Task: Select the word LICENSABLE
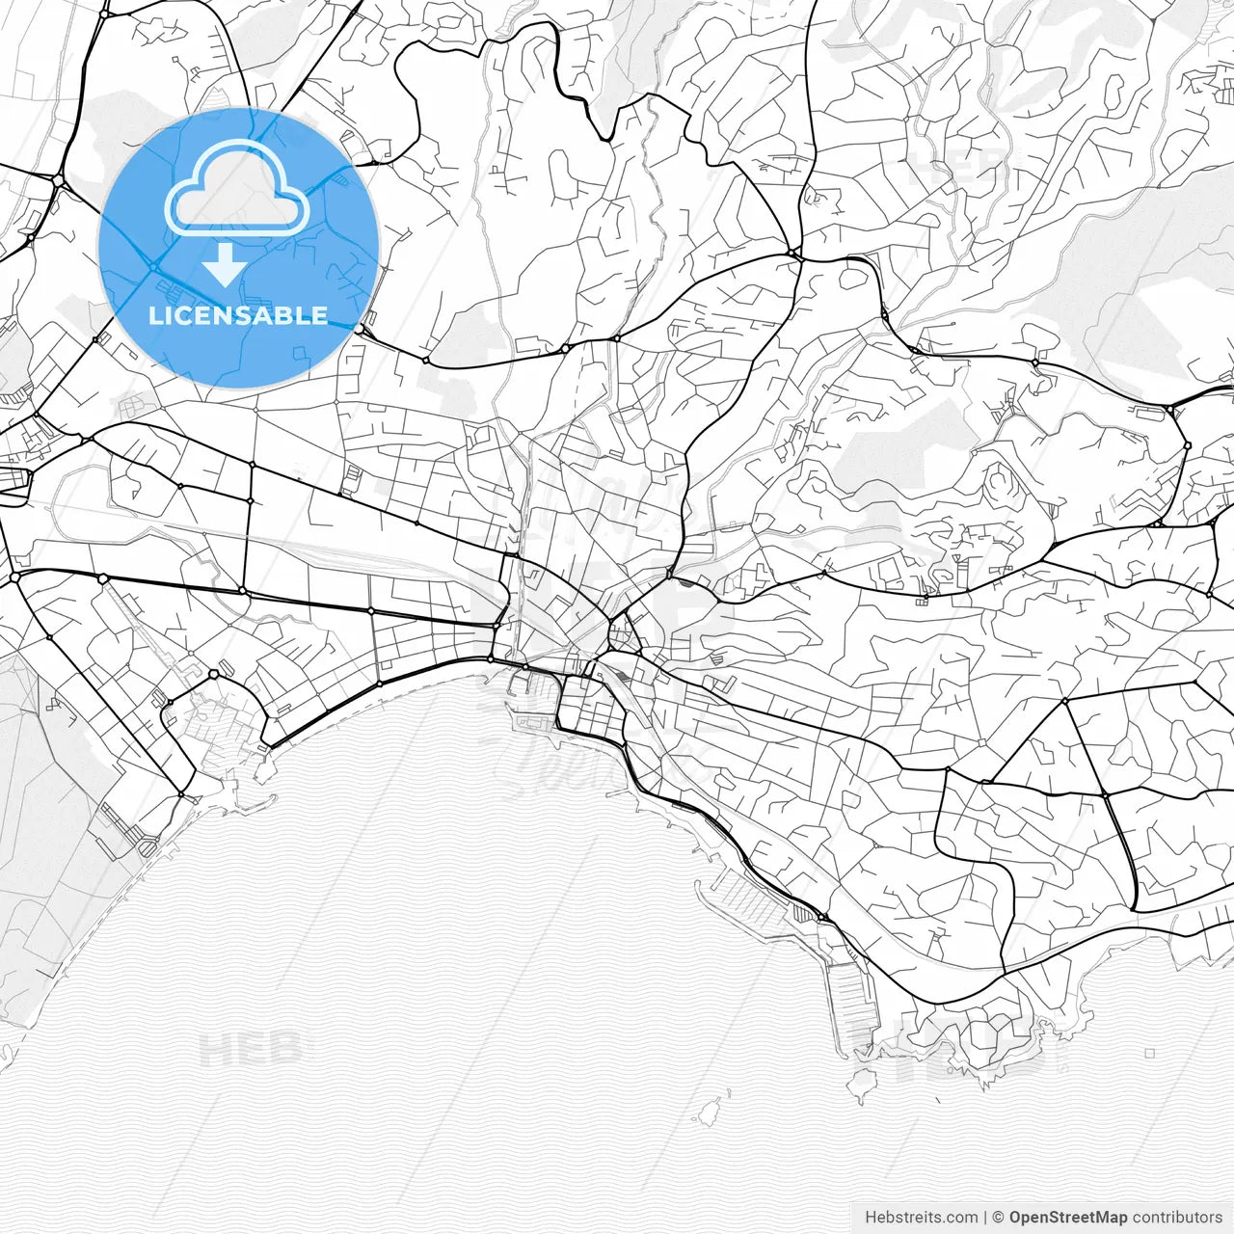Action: (238, 315)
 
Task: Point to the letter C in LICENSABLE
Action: (189, 315)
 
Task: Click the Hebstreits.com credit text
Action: (921, 1217)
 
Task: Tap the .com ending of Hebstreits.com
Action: (960, 1217)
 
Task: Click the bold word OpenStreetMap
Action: (1068, 1217)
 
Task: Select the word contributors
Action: (1177, 1217)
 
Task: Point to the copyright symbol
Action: (999, 1217)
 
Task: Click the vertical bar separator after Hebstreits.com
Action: (985, 1217)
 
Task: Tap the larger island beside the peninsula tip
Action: (861, 1087)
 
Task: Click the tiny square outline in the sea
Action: (1149, 1054)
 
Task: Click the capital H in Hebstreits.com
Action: (871, 1217)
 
